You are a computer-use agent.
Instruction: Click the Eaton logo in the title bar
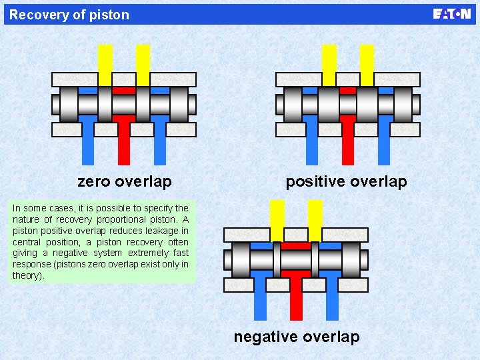[x=451, y=14]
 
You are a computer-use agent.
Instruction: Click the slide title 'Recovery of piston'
[x=69, y=15]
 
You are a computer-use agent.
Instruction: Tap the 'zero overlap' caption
[x=125, y=181]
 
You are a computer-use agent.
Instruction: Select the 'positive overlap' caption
[x=346, y=181]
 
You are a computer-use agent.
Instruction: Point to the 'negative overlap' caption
[x=297, y=337]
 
